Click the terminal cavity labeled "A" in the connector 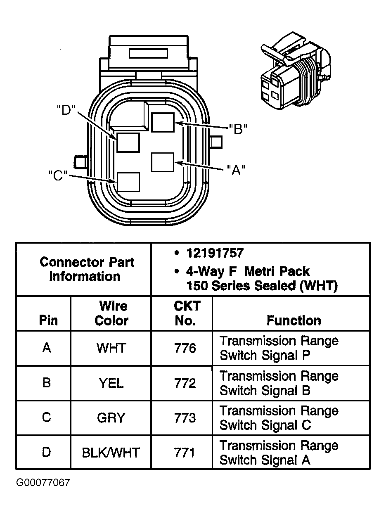[x=163, y=162]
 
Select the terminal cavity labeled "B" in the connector [x=163, y=122]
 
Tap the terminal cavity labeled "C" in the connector [x=128, y=182]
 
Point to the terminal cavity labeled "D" [x=128, y=142]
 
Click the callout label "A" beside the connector [x=236, y=169]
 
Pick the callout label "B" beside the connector [x=237, y=129]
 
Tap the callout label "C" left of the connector [x=58, y=175]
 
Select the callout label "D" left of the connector [x=66, y=110]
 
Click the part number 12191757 [x=215, y=253]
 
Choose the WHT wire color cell [x=111, y=348]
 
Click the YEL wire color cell [x=111, y=383]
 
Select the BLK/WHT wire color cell [x=111, y=453]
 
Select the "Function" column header [x=294, y=320]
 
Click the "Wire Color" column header [x=112, y=313]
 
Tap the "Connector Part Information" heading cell [x=87, y=269]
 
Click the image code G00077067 [x=43, y=482]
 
